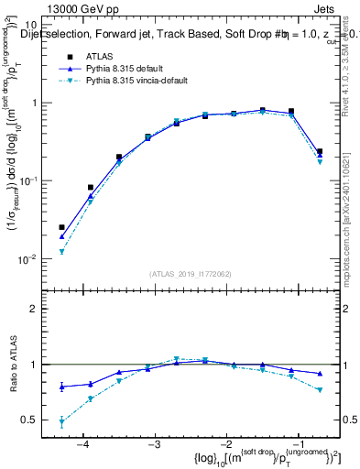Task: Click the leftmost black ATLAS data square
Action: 61,227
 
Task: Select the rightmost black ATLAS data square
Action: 319,152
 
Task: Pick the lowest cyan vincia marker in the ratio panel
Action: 61,422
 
